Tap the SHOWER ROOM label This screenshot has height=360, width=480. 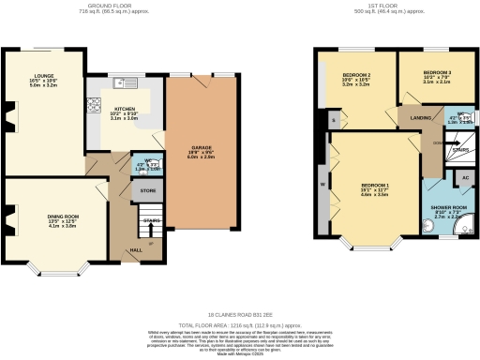(446, 206)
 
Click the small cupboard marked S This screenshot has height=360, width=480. (332, 120)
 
